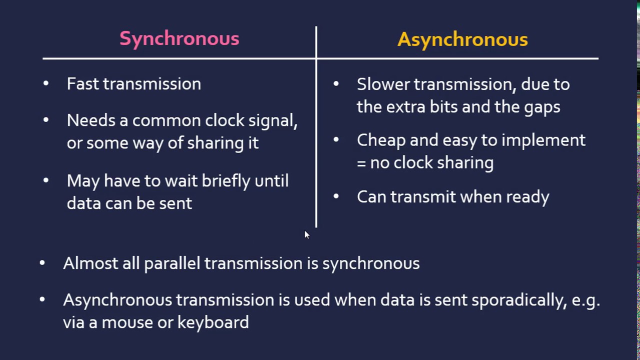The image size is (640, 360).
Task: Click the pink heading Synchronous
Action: click(x=179, y=39)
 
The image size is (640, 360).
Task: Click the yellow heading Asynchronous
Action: click(x=462, y=39)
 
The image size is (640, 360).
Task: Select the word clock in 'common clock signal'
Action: click(x=224, y=120)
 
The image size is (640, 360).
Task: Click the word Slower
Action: click(x=383, y=84)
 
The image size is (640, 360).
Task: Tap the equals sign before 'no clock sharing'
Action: click(x=361, y=163)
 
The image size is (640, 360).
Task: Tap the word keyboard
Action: click(x=213, y=322)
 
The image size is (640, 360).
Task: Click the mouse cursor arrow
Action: click(x=307, y=235)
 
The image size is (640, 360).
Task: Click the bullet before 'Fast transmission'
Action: click(x=46, y=83)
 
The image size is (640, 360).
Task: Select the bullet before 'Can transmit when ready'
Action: click(x=336, y=196)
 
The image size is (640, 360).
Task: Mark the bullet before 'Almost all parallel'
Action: click(x=42, y=262)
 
